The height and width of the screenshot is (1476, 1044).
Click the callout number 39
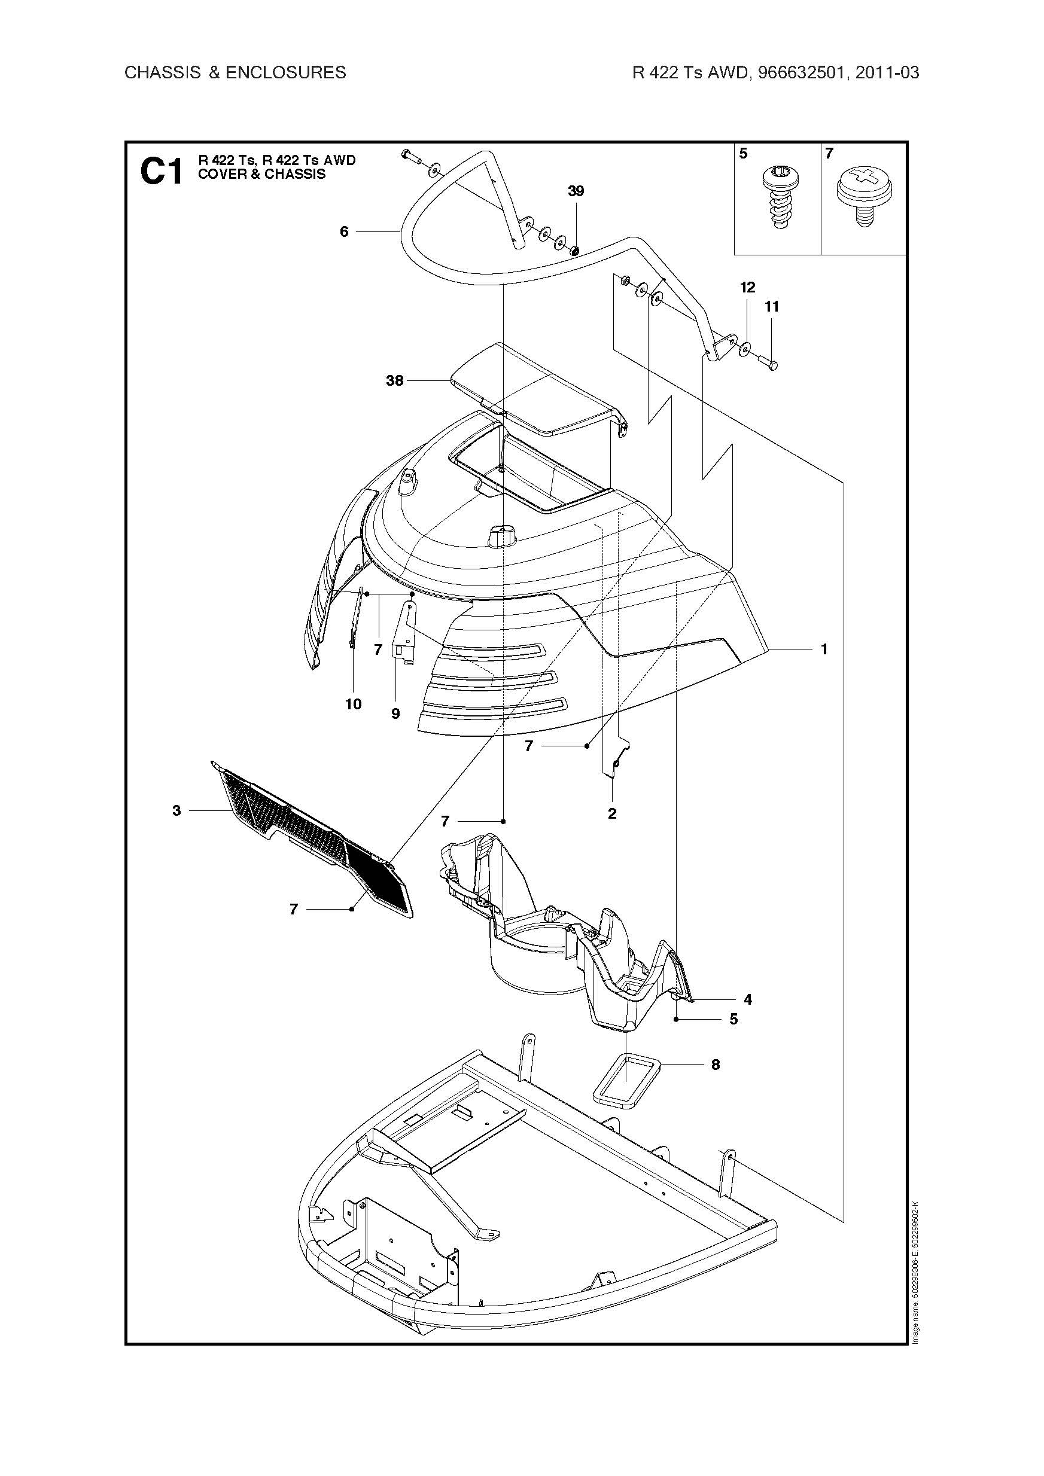click(576, 191)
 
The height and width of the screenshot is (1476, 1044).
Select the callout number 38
click(394, 380)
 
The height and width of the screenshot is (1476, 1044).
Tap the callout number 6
click(344, 231)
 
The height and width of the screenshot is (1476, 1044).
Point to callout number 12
click(747, 287)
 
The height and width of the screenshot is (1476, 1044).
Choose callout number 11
click(772, 307)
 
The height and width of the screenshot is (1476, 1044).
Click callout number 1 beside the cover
click(824, 649)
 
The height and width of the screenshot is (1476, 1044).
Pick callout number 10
click(353, 704)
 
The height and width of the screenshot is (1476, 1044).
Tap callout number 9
click(395, 713)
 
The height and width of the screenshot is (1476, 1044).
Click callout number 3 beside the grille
click(177, 810)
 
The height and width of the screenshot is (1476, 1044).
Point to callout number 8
click(716, 1065)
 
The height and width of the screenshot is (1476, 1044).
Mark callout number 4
click(747, 999)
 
